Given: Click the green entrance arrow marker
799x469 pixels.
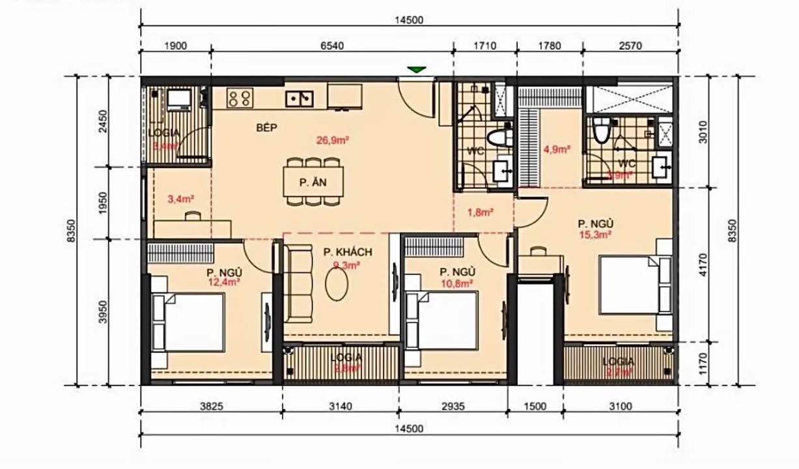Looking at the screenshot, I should (x=417, y=70).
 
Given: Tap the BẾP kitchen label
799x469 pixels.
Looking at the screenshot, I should (x=267, y=128).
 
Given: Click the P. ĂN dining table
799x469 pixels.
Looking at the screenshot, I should (x=313, y=184).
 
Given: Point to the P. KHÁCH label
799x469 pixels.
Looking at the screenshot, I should (x=347, y=252).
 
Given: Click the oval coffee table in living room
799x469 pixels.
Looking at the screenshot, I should (x=340, y=285).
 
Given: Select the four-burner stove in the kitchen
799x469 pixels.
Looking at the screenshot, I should (x=239, y=98).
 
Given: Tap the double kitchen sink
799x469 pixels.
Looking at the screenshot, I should (x=300, y=98).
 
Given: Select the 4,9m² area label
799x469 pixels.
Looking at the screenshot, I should (x=557, y=149).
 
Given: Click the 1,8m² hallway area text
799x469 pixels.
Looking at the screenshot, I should (x=481, y=212).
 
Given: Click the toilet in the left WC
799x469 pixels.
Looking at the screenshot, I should (x=499, y=139).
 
